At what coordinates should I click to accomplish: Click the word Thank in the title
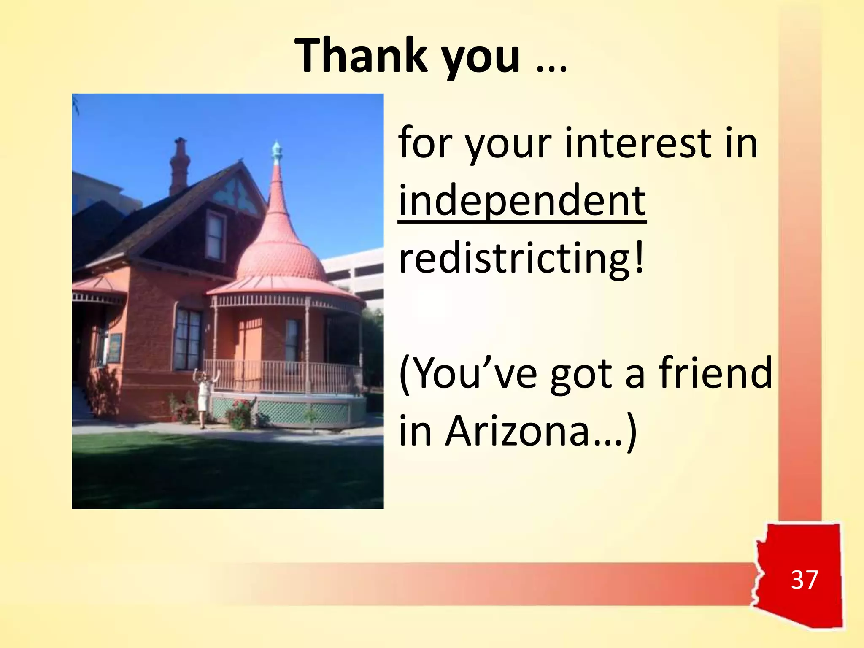[x=361, y=56]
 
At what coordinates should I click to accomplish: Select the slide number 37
[x=804, y=580]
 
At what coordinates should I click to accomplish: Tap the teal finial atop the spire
[x=276, y=152]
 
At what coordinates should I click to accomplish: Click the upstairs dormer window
[x=216, y=236]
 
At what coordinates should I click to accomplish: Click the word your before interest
[x=508, y=143]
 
